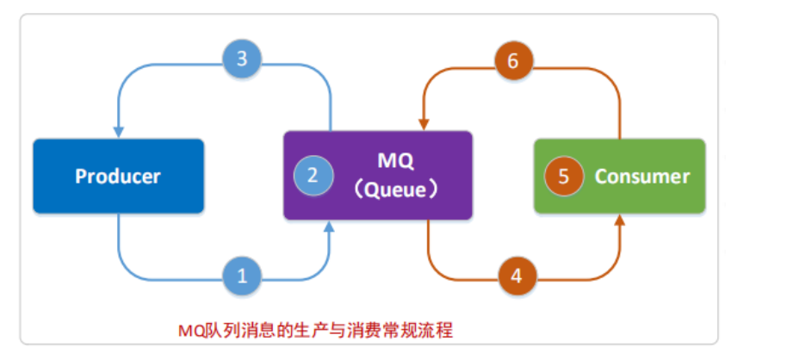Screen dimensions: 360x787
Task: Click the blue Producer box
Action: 118,176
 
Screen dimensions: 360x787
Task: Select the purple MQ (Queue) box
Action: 377,175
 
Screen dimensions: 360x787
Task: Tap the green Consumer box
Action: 619,176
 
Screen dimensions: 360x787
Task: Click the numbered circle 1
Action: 242,276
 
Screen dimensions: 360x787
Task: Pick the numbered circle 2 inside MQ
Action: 312,176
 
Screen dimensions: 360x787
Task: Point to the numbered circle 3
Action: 242,59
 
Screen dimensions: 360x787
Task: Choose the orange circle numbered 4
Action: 516,276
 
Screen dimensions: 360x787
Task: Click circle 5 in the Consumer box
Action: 563,176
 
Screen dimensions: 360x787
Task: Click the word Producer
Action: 118,177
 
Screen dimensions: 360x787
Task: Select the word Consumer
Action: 642,177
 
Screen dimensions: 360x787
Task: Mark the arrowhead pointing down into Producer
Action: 119,132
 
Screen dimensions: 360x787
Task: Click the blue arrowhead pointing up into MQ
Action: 332,226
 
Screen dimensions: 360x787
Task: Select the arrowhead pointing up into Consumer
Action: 620,220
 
